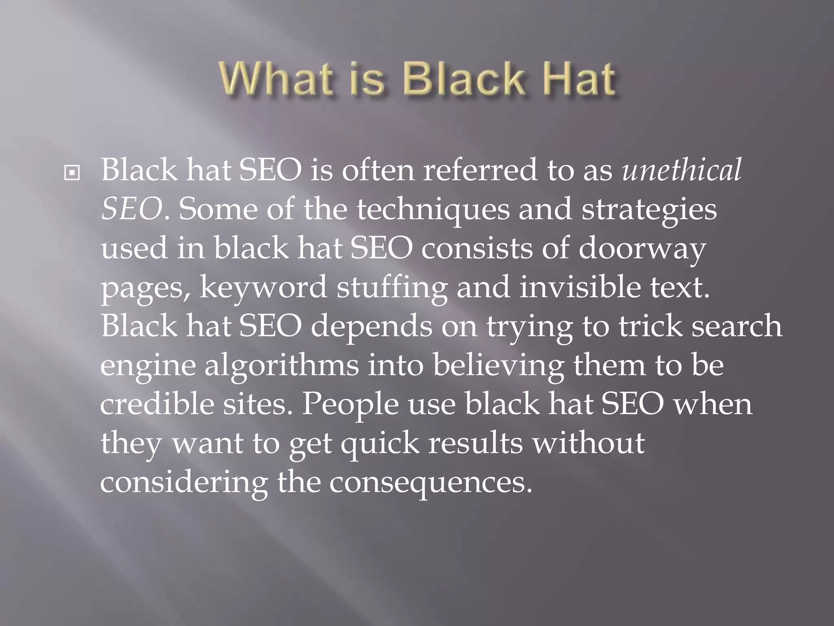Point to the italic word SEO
pos(132,209)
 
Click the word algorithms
pos(281,365)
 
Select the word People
pos(350,405)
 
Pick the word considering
pos(184,483)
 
